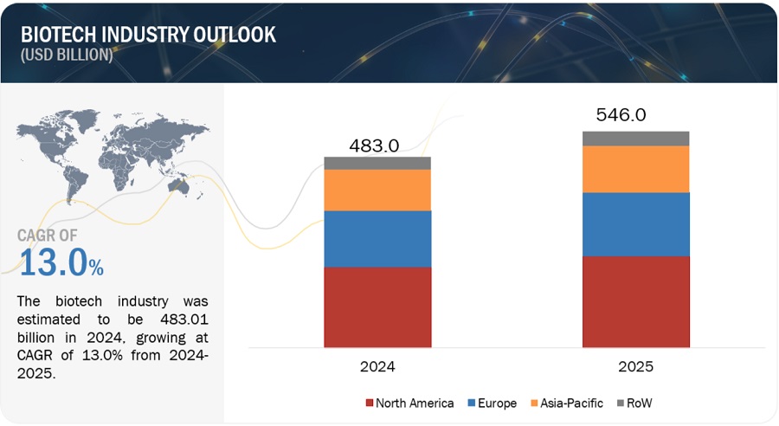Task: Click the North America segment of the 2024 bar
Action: coord(377,307)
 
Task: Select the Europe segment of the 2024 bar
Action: coord(377,239)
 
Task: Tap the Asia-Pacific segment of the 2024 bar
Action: coord(377,190)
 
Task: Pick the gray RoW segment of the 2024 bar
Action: coord(377,163)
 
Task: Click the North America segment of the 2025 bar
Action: coord(635,301)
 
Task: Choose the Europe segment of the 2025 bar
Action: coord(635,224)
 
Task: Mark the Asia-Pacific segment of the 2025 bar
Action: coord(635,169)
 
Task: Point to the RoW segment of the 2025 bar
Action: coord(635,139)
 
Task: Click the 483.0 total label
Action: coord(374,145)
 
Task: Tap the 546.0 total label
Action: coord(621,115)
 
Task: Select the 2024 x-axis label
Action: coord(377,366)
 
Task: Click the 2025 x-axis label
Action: coord(635,366)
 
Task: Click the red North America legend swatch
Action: coord(370,403)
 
